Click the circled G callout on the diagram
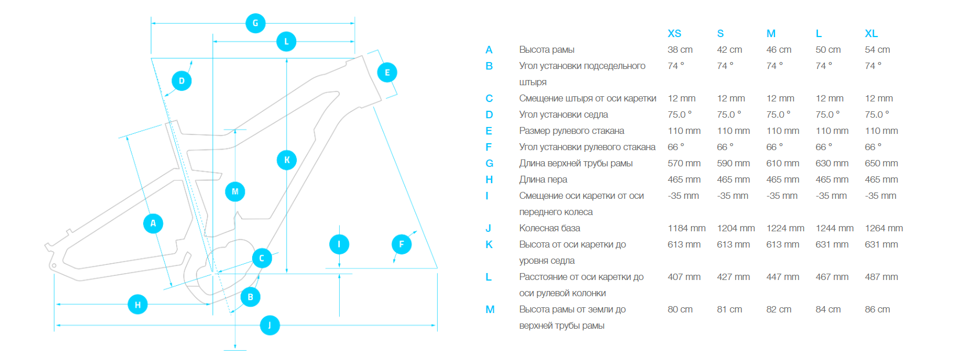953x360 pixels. (x=256, y=23)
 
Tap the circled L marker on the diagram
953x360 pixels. (x=286, y=42)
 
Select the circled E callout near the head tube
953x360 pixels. (x=387, y=72)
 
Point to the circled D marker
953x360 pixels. (x=181, y=81)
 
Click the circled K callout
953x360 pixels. (x=287, y=160)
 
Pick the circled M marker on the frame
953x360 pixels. (x=235, y=191)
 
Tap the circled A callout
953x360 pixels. (x=153, y=223)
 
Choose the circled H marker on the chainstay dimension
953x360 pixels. (x=137, y=304)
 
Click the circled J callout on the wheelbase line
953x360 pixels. (x=270, y=325)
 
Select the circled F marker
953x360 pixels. (x=402, y=244)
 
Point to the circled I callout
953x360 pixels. (x=339, y=244)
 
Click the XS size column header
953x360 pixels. (x=674, y=34)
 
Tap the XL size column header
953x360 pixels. (x=871, y=34)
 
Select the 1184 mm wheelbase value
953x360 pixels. (x=686, y=228)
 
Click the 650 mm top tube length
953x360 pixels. (x=881, y=163)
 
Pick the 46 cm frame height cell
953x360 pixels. (x=779, y=50)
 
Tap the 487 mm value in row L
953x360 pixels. (x=881, y=277)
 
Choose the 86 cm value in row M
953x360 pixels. (x=877, y=310)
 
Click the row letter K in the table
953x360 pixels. (x=489, y=245)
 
